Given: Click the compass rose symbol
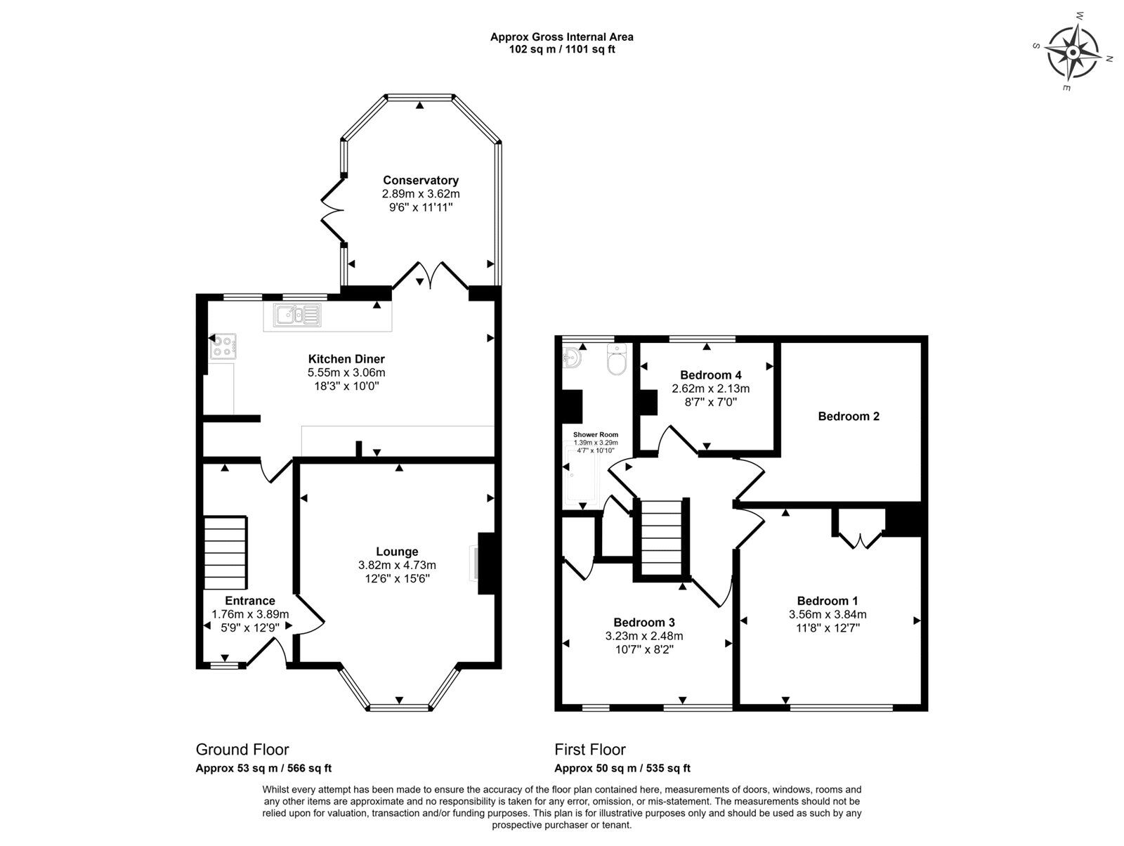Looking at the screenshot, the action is (x=1073, y=53).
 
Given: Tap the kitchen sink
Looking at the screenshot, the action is (x=298, y=315).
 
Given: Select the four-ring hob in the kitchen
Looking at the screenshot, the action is (x=223, y=346).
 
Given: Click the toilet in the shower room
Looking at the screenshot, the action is (x=617, y=360).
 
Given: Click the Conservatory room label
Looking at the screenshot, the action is (x=420, y=181).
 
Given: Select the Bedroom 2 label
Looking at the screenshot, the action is (x=849, y=417).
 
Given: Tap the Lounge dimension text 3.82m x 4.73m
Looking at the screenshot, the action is (x=397, y=566).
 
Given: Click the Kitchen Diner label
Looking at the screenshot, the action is (x=346, y=359).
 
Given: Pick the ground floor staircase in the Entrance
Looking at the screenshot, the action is (x=226, y=552).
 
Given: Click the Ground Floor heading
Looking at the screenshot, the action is (x=242, y=750).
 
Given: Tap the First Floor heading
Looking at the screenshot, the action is (x=590, y=750).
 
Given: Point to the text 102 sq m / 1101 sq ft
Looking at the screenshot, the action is (x=562, y=50).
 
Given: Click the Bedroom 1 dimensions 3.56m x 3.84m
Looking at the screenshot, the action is (x=828, y=614).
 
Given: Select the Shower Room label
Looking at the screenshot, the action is (x=596, y=435).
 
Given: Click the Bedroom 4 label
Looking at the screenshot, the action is (x=711, y=375).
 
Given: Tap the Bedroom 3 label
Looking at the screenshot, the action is (x=644, y=623).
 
